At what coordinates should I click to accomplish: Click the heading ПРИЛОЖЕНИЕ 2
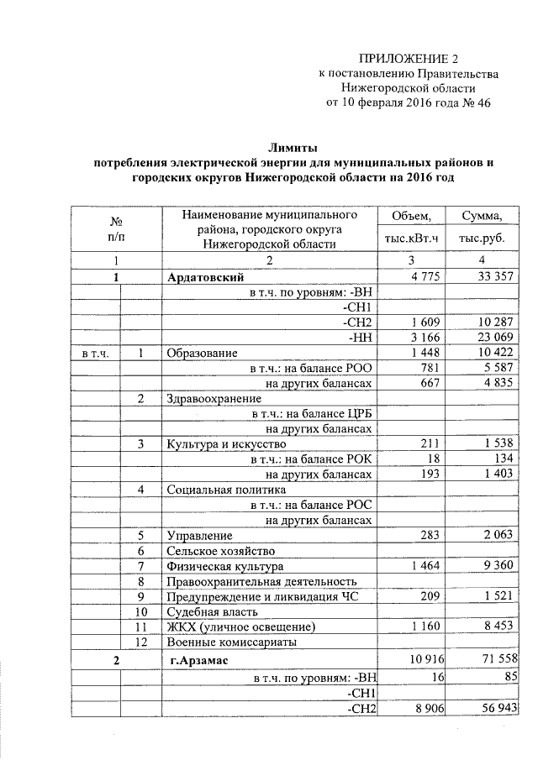click(409, 59)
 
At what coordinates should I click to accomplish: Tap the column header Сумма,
click(480, 217)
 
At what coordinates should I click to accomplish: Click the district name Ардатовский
click(205, 276)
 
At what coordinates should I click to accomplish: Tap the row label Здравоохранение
click(212, 398)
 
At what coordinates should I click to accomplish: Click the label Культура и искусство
click(227, 443)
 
